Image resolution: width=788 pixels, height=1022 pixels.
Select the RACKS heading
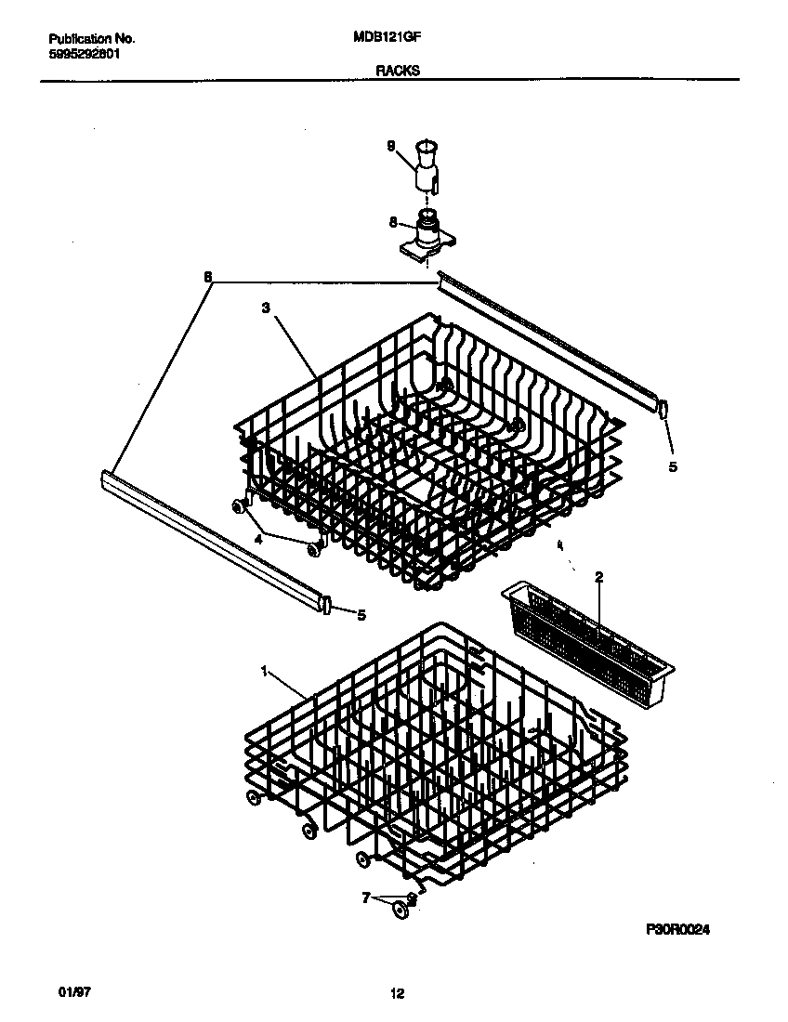(x=397, y=69)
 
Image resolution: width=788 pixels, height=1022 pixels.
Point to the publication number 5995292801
(x=83, y=54)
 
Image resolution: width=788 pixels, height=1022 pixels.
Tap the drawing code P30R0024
(x=682, y=928)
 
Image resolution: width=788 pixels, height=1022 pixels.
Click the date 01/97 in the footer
(x=59, y=993)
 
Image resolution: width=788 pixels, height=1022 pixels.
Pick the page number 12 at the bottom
(x=397, y=994)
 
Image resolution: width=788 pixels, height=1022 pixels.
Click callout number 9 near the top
(x=391, y=145)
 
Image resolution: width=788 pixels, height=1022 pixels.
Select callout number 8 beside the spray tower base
(x=392, y=222)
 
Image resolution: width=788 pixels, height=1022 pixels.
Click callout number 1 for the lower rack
(x=266, y=670)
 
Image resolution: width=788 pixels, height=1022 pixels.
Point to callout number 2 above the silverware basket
(x=599, y=577)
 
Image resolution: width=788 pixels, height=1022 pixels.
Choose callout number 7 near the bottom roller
(x=366, y=898)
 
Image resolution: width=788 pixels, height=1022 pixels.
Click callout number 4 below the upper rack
(x=259, y=537)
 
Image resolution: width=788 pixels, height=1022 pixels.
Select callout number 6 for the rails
(x=207, y=277)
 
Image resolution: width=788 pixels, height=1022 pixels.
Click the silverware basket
(x=585, y=632)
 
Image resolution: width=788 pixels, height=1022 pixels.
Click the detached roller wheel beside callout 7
(x=401, y=911)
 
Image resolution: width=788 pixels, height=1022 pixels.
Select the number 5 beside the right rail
(x=674, y=466)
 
